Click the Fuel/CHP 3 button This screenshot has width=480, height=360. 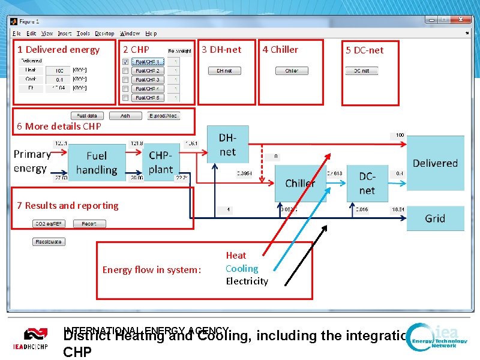[x=147, y=79]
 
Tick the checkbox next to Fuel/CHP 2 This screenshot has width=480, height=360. [x=125, y=71]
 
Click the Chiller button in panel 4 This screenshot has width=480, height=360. [x=292, y=71]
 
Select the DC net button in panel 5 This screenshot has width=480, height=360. [x=361, y=71]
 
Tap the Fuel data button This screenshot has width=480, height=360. [x=87, y=116]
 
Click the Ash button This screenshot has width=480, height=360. [x=125, y=116]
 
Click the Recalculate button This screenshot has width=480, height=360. [x=49, y=242]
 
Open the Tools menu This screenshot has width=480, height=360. [x=83, y=34]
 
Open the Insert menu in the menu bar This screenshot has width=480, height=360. [x=65, y=34]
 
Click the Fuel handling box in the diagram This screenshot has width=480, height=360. [x=96, y=163]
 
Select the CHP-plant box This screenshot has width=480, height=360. [x=161, y=163]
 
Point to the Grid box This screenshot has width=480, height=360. [x=435, y=218]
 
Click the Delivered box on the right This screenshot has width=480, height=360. [x=435, y=163]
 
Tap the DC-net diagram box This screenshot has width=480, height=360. [x=367, y=184]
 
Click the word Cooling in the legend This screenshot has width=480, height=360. [x=242, y=269]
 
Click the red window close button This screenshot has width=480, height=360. [x=462, y=20]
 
